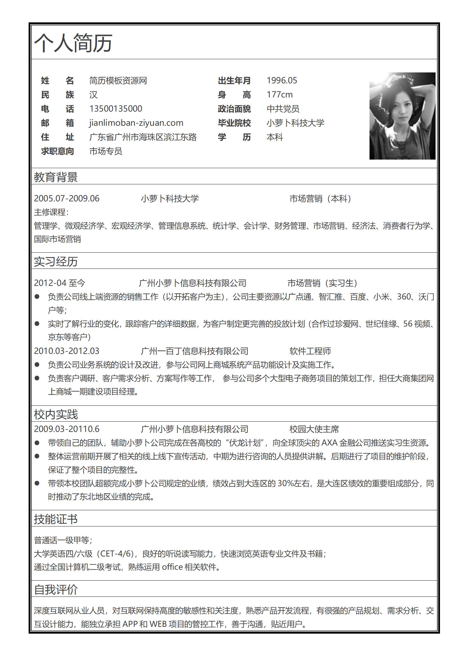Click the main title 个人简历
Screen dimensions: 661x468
[73, 43]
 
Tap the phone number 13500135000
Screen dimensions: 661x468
[116, 109]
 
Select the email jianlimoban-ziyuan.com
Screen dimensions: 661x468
[136, 123]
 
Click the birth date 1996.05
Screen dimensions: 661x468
[282, 80]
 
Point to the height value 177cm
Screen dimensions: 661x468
[280, 95]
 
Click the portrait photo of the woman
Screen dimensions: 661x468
[402, 116]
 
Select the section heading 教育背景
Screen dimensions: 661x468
[56, 177]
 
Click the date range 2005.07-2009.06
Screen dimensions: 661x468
[67, 198]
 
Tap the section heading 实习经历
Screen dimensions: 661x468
[56, 261]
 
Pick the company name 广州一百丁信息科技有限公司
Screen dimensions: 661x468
[195, 351]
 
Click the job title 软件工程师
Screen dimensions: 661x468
[310, 351]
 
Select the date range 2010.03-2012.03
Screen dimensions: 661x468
[67, 351]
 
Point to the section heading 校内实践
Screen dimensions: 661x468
[56, 414]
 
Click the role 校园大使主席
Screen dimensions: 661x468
[314, 429]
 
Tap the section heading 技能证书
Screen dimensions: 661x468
[56, 519]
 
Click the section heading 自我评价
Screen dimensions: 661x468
[56, 589]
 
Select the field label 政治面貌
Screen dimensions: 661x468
[234, 109]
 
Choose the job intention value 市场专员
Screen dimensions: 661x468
[106, 151]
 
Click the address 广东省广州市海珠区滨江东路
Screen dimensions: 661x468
[143, 137]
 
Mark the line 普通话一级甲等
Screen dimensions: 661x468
[63, 540]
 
